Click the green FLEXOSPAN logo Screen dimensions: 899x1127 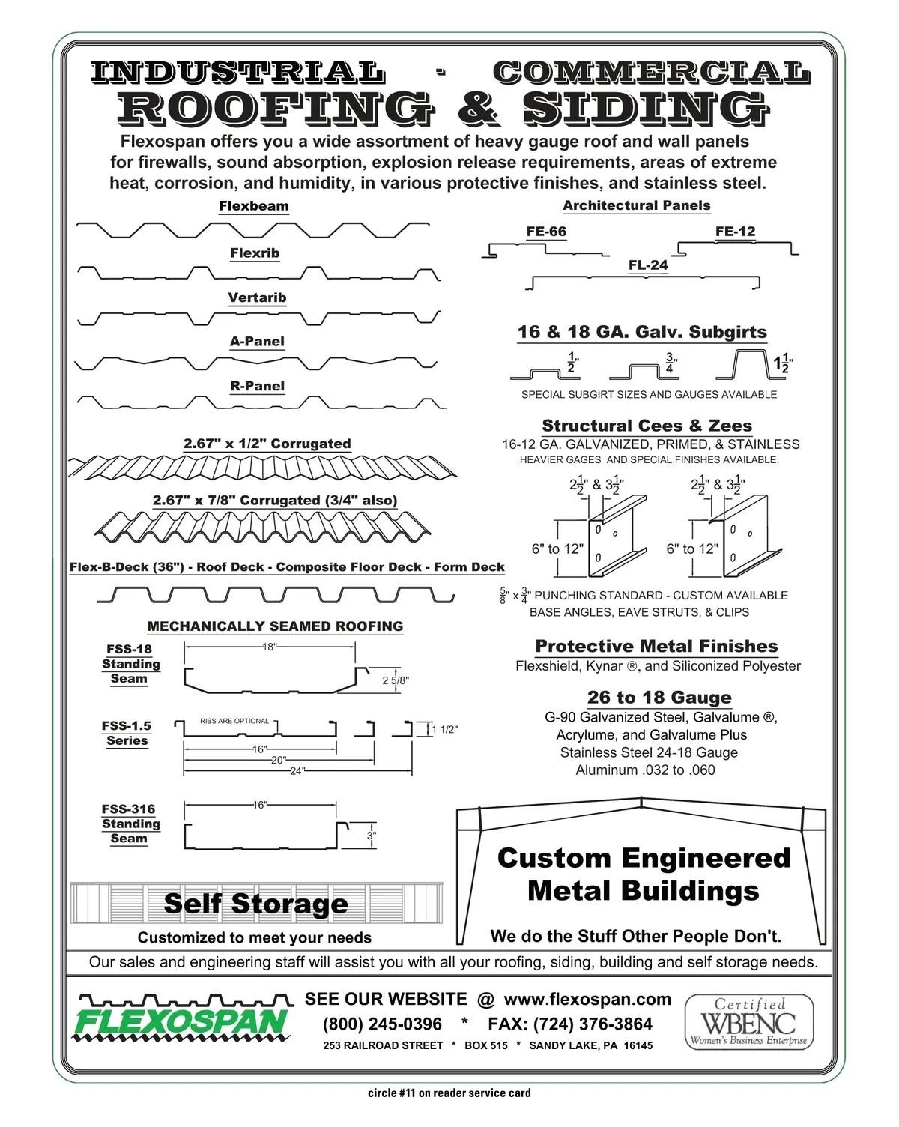click(x=182, y=1018)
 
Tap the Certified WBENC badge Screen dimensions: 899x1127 click(x=748, y=1022)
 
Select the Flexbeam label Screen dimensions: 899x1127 click(x=254, y=206)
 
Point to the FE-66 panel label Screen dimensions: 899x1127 click(x=546, y=231)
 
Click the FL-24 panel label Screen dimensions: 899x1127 click(x=648, y=265)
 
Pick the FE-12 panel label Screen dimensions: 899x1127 click(x=735, y=231)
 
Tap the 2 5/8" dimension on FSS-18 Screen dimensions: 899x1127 click(x=396, y=680)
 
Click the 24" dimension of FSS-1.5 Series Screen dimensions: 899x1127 click(x=297, y=771)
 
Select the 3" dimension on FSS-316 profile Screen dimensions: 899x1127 click(x=372, y=836)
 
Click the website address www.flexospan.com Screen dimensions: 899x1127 click(x=587, y=999)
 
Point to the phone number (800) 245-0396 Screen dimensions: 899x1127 click(x=382, y=1024)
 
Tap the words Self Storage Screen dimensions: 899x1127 click(x=256, y=904)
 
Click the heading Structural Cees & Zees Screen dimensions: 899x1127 click(x=647, y=425)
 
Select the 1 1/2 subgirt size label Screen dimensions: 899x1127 click(x=784, y=363)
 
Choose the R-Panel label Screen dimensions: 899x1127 click(x=258, y=386)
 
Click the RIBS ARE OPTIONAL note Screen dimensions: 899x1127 click(x=234, y=721)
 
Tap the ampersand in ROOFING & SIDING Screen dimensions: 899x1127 click(x=479, y=109)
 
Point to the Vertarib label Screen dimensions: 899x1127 click(x=257, y=297)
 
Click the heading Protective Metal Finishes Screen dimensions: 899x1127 click(x=656, y=646)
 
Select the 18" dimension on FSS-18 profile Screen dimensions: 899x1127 click(x=270, y=647)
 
